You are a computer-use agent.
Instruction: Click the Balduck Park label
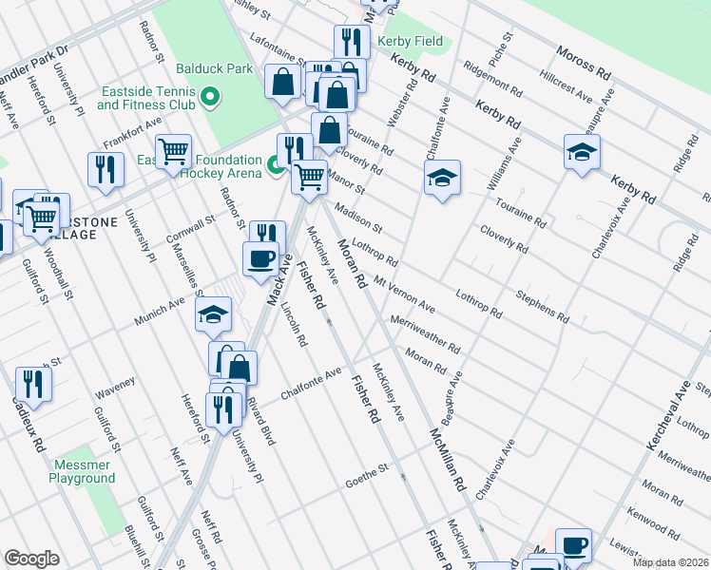[214, 68]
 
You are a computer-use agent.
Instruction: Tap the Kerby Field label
[410, 42]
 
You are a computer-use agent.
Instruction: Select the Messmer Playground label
[82, 471]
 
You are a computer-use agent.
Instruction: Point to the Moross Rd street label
[584, 62]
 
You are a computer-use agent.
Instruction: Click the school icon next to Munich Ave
[214, 313]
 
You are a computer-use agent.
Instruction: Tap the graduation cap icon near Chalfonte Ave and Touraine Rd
[442, 178]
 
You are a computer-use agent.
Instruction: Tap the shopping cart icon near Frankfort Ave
[173, 152]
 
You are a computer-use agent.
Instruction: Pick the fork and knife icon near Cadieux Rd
[33, 384]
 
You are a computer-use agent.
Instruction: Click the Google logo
[31, 559]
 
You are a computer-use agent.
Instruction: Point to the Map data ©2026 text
[670, 562]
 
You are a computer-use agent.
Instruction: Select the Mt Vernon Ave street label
[404, 294]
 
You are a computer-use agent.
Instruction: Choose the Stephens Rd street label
[542, 307]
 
